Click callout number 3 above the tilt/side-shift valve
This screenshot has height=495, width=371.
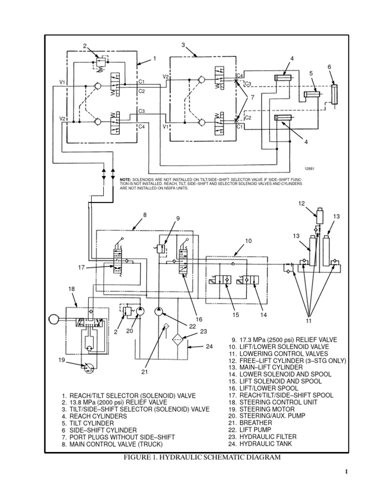(184, 45)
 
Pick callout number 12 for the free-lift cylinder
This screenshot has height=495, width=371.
(301, 204)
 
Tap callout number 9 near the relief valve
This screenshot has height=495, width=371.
(178, 218)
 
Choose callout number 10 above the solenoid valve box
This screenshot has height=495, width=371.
(248, 240)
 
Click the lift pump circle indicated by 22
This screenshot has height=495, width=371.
(159, 312)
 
